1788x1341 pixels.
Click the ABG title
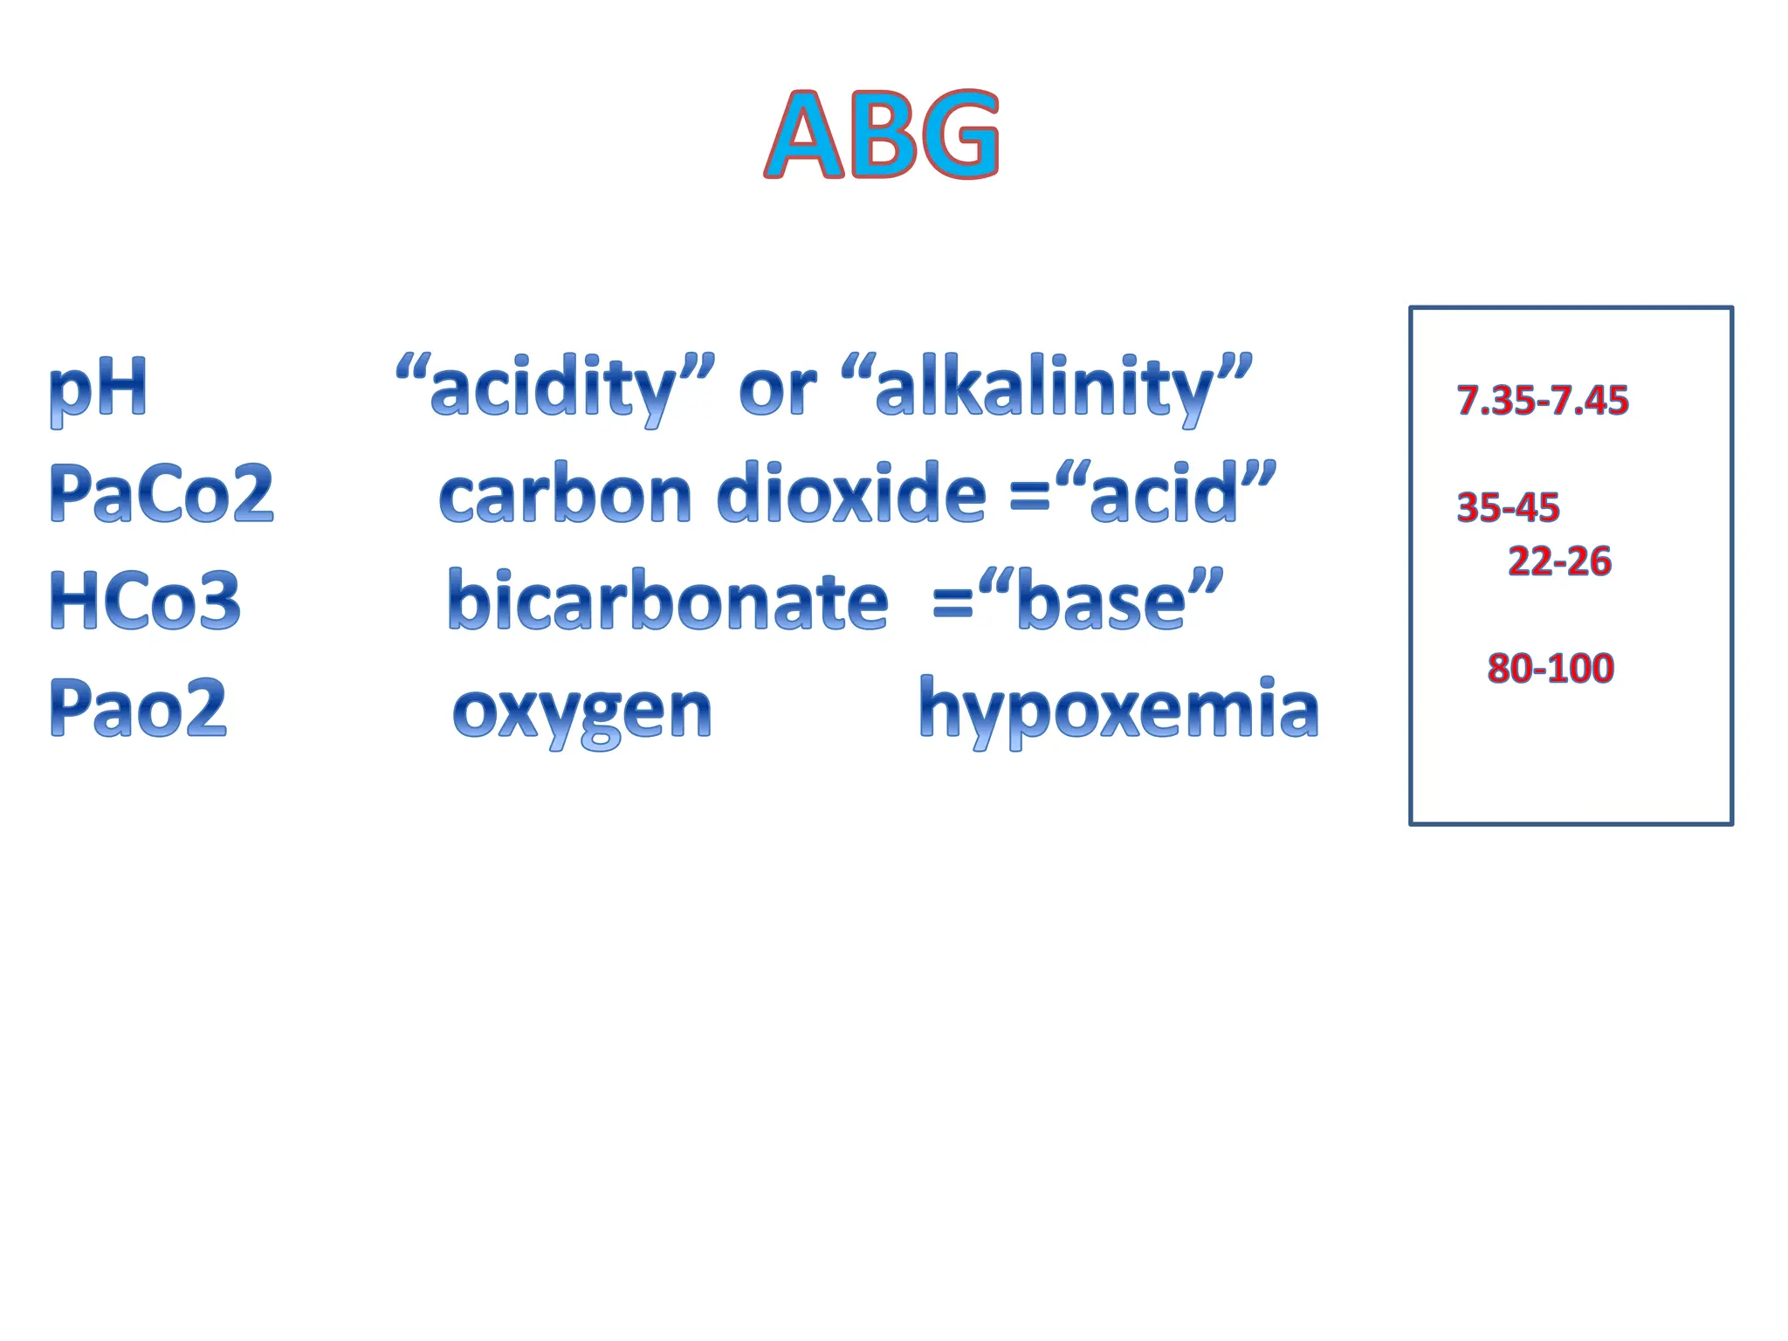click(882, 135)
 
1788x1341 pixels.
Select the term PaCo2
click(162, 493)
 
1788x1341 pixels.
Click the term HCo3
click(145, 601)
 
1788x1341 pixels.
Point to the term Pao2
click(139, 707)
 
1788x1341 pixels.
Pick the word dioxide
click(851, 494)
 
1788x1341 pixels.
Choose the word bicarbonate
click(668, 601)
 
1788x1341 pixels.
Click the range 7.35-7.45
click(1543, 400)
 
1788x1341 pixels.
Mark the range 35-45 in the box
click(1508, 507)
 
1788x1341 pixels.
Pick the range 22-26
click(1559, 560)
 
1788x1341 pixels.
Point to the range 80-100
click(1551, 668)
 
